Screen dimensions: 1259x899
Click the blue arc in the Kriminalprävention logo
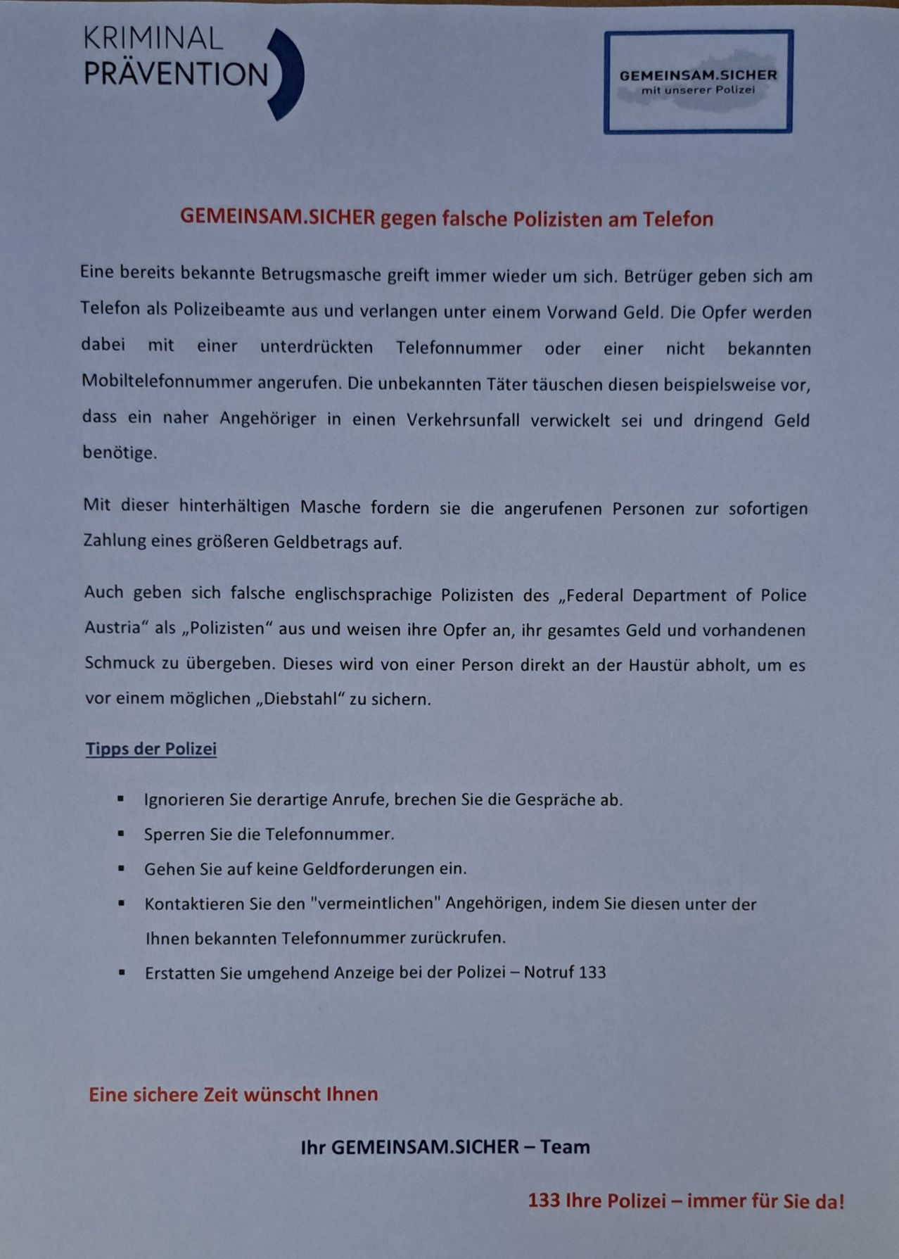pos(291,74)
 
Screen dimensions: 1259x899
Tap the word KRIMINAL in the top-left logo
pos(153,39)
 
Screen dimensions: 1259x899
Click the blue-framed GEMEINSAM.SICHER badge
pos(698,82)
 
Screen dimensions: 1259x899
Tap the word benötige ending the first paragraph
pos(120,453)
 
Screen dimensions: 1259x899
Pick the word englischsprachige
pos(363,595)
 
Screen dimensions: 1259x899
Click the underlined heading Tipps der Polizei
pos(151,749)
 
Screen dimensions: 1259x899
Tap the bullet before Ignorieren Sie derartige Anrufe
pos(121,799)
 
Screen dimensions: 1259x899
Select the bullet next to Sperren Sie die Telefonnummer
pos(121,833)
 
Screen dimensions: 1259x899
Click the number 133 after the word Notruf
pos(592,973)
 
